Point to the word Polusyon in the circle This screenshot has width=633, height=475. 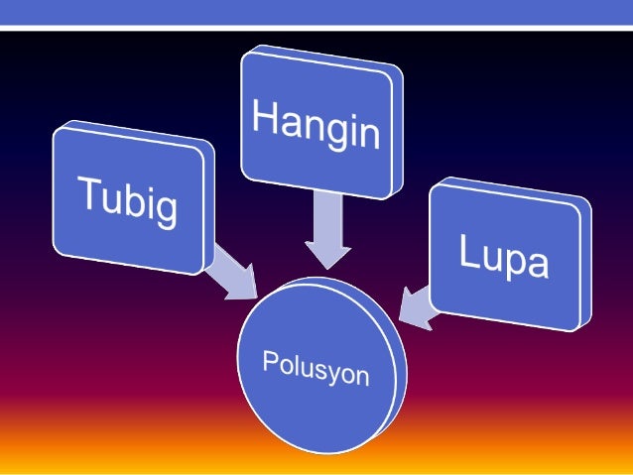tap(316, 367)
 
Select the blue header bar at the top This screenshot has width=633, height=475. tap(316, 12)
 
